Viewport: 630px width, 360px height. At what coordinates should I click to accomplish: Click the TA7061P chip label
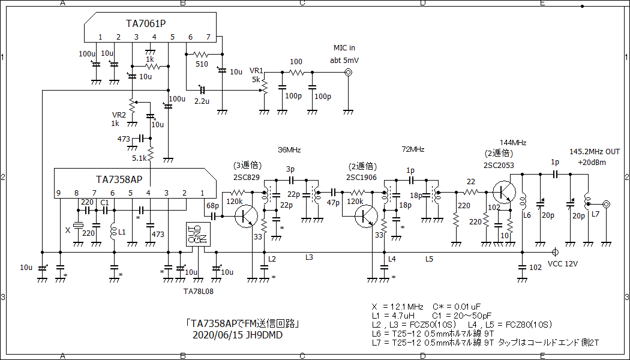[x=146, y=23]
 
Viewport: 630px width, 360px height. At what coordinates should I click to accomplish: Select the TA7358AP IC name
[x=119, y=179]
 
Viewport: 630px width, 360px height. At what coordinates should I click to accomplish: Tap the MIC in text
[x=344, y=48]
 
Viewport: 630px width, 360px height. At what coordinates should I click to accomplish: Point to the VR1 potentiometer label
[x=256, y=70]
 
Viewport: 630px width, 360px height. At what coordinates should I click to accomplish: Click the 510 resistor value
[x=202, y=64]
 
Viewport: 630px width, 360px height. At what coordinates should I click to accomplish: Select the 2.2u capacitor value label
[x=202, y=101]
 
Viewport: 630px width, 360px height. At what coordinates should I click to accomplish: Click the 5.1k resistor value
[x=139, y=158]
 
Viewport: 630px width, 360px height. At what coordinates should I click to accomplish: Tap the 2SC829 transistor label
[x=247, y=177]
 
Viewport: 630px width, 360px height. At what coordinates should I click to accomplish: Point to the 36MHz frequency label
[x=289, y=149]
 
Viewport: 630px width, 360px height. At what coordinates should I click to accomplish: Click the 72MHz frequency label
[x=413, y=149]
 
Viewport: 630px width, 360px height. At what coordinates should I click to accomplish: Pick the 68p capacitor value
[x=212, y=206]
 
